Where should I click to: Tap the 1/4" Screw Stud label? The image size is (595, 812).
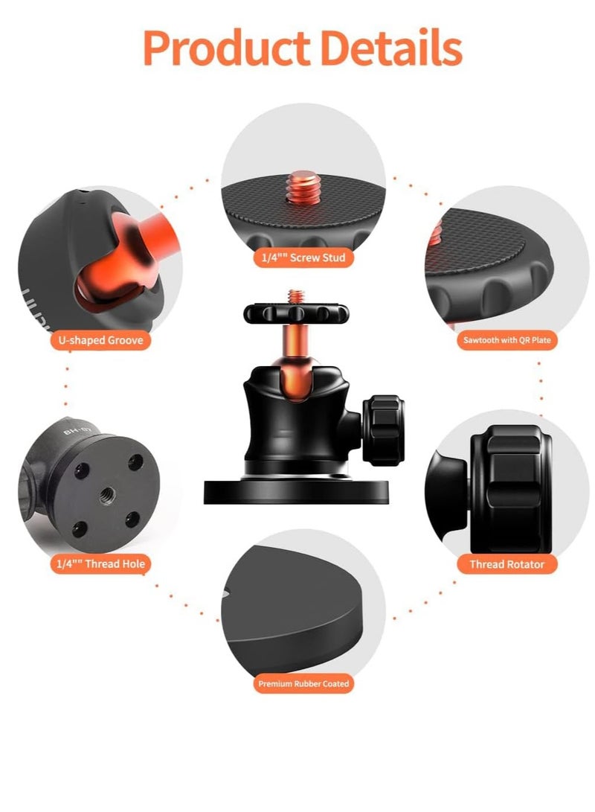click(303, 258)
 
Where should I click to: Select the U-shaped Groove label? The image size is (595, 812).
click(100, 341)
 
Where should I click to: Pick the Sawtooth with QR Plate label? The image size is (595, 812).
click(506, 341)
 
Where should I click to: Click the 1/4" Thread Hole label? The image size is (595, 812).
click(100, 564)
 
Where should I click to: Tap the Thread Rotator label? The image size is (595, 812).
click(506, 564)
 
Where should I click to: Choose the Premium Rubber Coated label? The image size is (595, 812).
click(303, 683)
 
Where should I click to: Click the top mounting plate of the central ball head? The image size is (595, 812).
click(296, 313)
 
